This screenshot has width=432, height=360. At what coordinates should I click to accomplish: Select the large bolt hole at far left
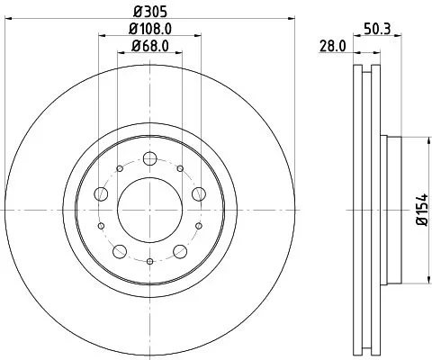pos(101,193)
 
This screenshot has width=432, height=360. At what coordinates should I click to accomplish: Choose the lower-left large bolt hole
pos(120,250)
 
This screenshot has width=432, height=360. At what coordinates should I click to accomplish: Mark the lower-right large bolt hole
pos(181,250)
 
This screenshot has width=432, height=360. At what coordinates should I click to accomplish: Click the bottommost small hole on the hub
pos(150,261)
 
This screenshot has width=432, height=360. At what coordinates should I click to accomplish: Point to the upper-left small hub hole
pos(120,167)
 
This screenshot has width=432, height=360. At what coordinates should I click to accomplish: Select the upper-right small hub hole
pos(181,167)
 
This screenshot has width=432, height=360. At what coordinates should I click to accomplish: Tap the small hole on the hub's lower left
pos(101,226)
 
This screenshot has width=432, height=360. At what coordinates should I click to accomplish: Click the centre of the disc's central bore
pos(150,209)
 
